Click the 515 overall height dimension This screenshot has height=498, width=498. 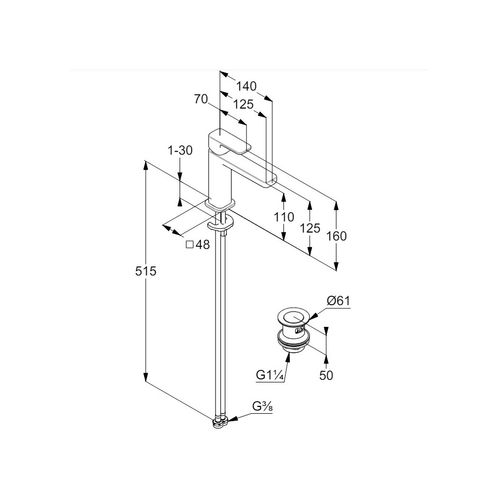(x=146, y=271)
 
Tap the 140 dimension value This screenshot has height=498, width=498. (x=246, y=86)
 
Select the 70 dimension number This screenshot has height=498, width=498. (x=201, y=99)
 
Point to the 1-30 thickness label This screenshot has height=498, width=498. (x=180, y=150)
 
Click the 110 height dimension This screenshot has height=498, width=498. (x=284, y=217)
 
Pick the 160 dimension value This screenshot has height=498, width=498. (x=336, y=236)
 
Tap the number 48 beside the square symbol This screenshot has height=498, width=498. (x=202, y=245)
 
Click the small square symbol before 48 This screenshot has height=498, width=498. (x=190, y=244)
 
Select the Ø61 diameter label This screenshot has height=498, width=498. (x=339, y=300)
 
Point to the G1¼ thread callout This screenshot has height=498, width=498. (x=270, y=375)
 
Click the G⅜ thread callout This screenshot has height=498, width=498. (x=262, y=406)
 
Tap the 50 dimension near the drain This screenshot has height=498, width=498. (x=326, y=376)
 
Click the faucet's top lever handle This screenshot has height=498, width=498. (x=229, y=141)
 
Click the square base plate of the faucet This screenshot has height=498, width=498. (x=220, y=204)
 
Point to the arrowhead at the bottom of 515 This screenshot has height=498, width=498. (x=146, y=377)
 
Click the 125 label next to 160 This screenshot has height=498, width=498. (x=310, y=228)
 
